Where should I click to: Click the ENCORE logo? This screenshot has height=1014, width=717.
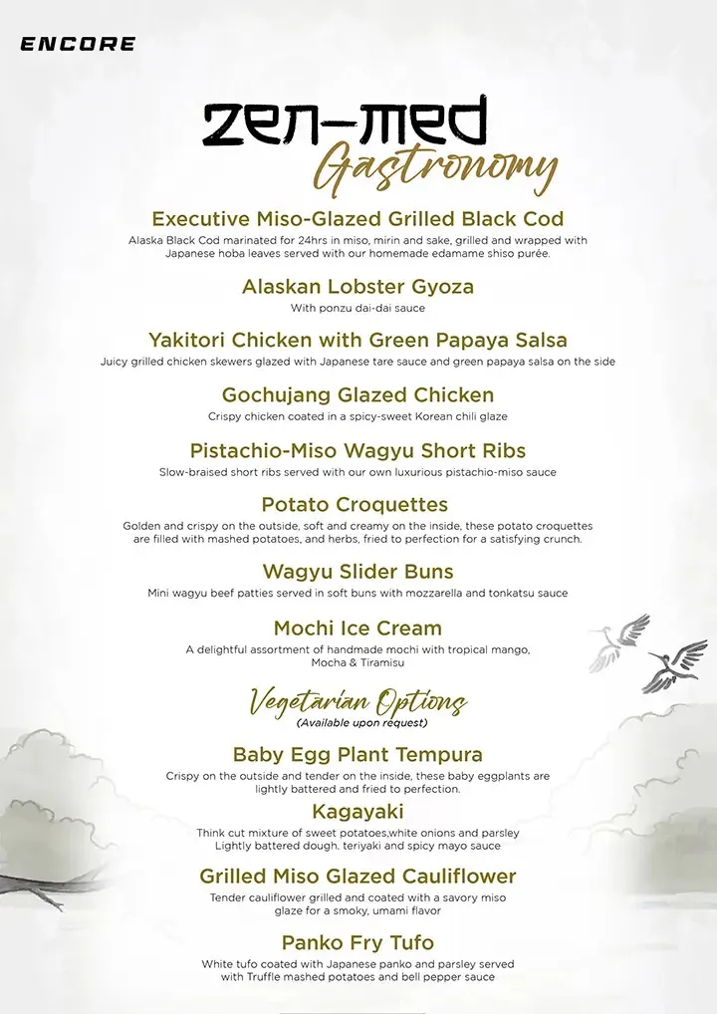coord(78,44)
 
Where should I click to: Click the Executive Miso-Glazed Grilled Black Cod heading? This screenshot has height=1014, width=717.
coord(358,219)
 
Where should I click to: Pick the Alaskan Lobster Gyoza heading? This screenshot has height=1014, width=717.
coord(358,287)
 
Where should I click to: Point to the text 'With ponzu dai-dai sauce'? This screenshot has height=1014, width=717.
coord(358,309)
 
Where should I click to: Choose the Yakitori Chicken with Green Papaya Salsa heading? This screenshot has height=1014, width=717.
coord(358,340)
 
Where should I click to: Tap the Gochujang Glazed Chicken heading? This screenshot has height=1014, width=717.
coord(358,395)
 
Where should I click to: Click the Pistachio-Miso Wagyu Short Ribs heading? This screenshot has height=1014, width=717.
coord(358,450)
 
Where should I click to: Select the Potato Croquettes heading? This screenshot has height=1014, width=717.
coord(355,504)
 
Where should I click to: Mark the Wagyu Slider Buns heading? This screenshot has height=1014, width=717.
coord(358,572)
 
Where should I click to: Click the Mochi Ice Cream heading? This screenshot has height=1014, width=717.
coord(358,629)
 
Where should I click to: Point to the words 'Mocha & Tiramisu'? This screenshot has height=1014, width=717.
coord(358,662)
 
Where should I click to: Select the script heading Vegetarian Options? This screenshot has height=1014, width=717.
coord(358,700)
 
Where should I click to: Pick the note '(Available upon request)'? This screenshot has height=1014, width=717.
coord(361,722)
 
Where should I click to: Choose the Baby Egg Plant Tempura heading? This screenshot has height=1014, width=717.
coord(358,754)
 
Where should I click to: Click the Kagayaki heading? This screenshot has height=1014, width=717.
coord(358,812)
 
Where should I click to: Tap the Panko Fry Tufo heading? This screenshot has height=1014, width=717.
coord(358,942)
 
